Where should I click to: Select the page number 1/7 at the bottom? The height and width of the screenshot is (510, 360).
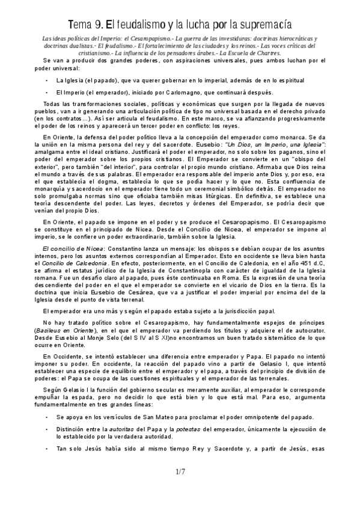[180, 472]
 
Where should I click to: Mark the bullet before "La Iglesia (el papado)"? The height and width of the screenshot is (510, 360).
[47, 80]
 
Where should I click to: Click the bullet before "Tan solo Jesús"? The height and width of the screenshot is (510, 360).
[47, 448]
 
